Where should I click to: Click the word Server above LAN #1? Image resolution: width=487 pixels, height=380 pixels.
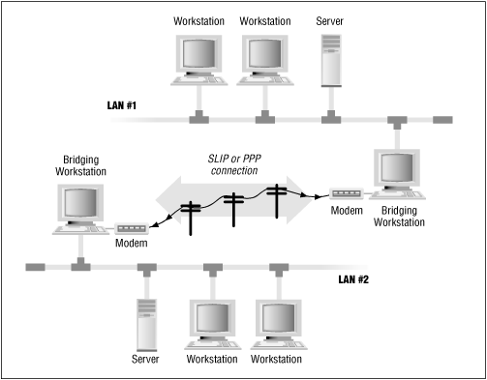pos(330,19)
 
